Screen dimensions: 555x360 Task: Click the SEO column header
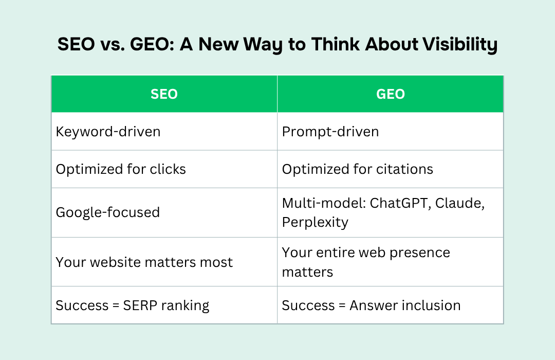(164, 94)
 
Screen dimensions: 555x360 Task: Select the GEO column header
(391, 94)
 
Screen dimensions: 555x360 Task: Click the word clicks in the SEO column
(168, 169)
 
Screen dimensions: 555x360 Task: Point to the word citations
(404, 169)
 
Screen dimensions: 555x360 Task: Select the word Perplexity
(315, 223)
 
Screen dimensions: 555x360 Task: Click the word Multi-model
(324, 203)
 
